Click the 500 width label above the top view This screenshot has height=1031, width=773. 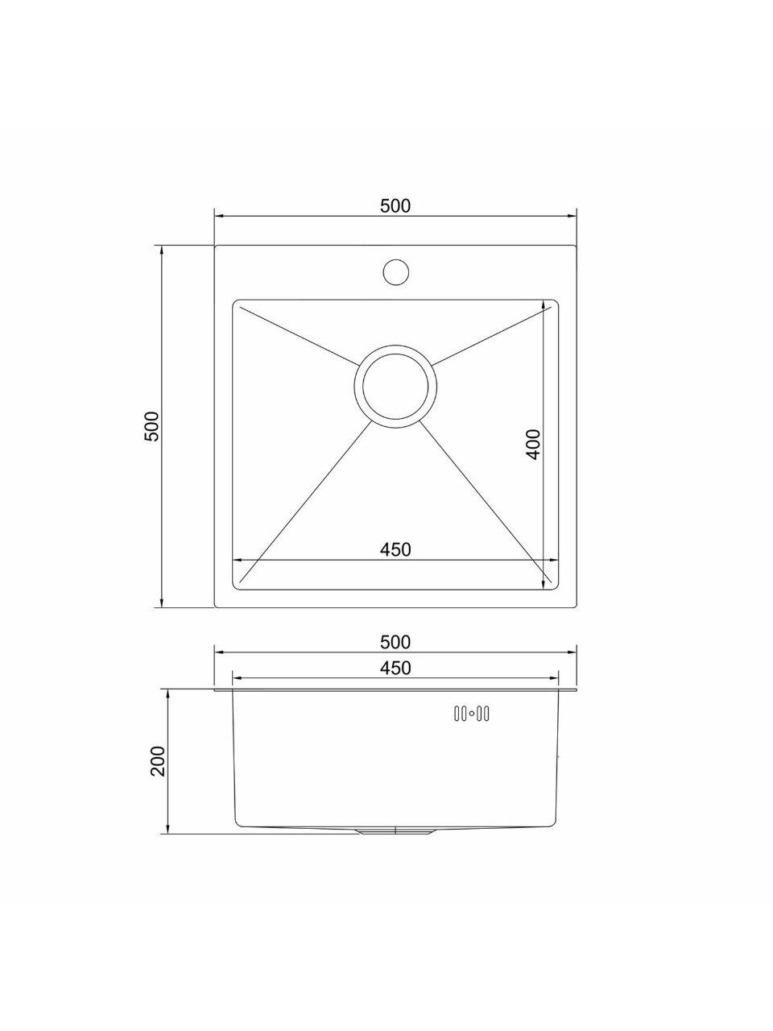click(395, 205)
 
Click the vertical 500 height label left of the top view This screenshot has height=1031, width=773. click(152, 426)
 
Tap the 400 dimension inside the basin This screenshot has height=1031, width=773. click(533, 445)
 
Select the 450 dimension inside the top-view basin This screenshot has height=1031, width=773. click(395, 549)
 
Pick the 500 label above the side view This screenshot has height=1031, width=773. click(395, 642)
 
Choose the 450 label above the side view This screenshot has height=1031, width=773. click(395, 668)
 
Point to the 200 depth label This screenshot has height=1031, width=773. click(158, 761)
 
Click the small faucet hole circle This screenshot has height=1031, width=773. click(395, 272)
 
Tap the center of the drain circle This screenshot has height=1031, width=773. click(395, 386)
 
